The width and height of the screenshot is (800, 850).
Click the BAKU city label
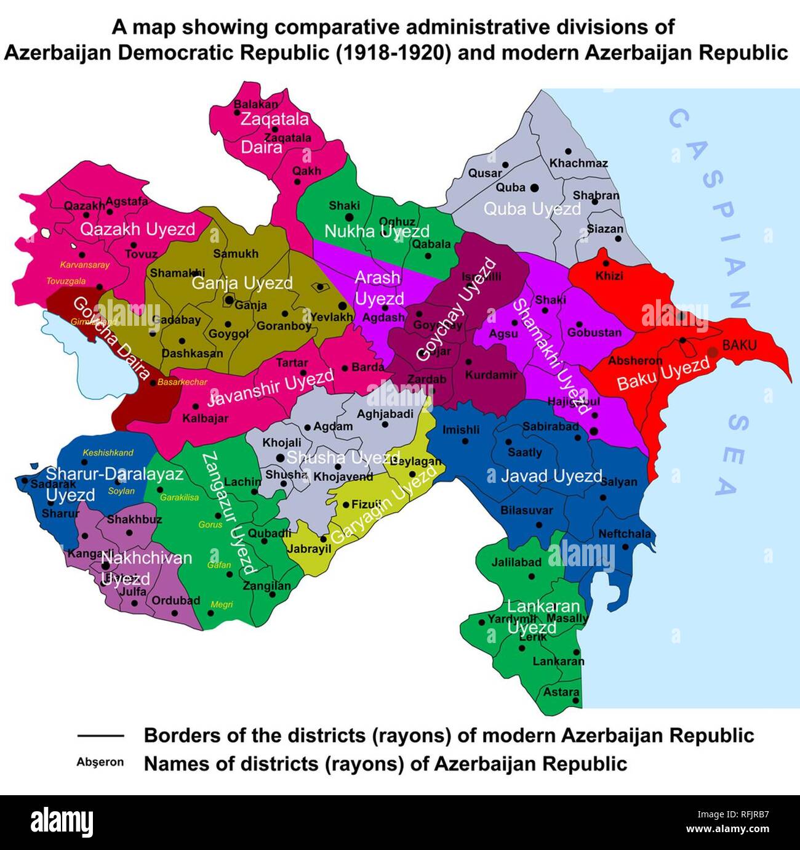coord(739,346)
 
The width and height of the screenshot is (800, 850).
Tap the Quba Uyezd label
coord(532,209)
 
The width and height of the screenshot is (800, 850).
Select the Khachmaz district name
coord(578,163)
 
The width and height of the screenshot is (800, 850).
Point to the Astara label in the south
coord(561,692)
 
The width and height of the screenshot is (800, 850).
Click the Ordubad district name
coord(175,600)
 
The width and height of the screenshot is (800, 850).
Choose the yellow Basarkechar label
coord(182,382)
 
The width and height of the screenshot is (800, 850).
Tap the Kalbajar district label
coord(205,418)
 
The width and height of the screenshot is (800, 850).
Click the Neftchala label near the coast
coord(624,534)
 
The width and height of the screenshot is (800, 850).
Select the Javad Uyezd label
coord(551,476)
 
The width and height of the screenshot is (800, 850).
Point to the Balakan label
coord(255,105)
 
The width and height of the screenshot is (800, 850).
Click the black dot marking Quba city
coord(534,187)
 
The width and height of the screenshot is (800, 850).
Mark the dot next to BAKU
coord(713,352)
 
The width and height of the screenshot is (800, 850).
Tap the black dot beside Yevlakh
coord(342,306)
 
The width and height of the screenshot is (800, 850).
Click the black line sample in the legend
coord(101,735)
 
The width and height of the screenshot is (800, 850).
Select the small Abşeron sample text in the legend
coord(100,762)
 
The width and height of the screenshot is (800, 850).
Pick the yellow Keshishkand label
coord(108,453)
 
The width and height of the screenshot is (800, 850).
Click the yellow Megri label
coord(222,605)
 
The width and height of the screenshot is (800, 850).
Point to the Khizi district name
coord(609,276)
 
